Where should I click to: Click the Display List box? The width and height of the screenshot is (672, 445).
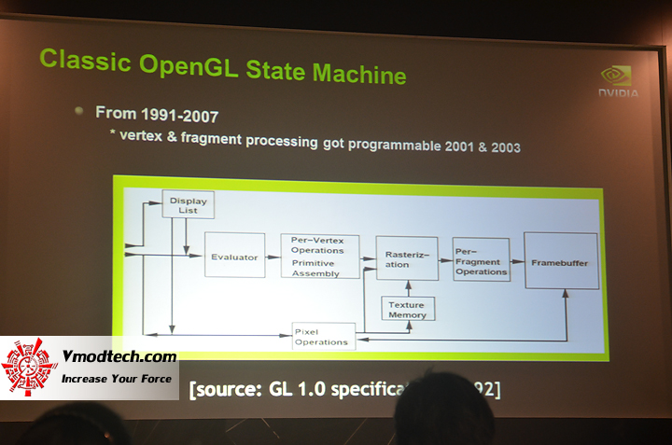[188, 204]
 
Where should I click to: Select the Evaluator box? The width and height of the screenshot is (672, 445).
[233, 257]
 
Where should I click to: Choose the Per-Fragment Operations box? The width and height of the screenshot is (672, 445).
[481, 260]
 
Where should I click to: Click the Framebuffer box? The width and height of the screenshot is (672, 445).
[560, 263]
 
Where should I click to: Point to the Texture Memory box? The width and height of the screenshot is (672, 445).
[406, 310]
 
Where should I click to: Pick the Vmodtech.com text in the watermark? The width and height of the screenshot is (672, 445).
[119, 356]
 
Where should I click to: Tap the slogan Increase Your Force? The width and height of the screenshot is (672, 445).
[118, 378]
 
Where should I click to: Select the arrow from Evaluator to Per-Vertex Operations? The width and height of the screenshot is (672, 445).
[272, 257]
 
